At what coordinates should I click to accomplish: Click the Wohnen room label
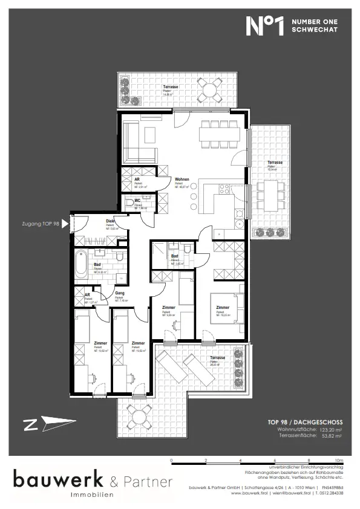pos(182,180)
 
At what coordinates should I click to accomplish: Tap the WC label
pos(138,200)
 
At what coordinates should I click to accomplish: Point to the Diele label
pos(111,221)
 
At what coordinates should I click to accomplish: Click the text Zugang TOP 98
pos(39,224)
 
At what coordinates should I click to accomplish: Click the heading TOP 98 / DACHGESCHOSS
pos(305,422)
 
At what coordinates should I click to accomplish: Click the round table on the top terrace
pos(210,91)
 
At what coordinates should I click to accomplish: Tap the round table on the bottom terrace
pos(138,413)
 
